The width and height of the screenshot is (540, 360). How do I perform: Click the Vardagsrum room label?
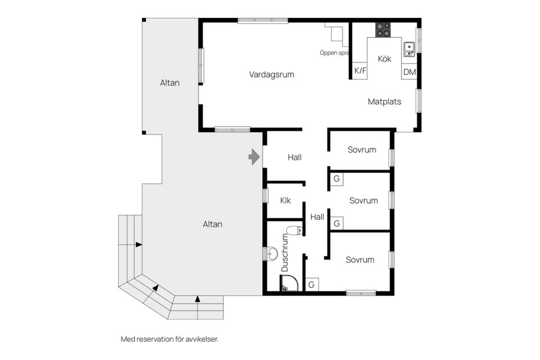coord(271,74)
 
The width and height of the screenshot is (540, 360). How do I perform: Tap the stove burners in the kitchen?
coord(383,30)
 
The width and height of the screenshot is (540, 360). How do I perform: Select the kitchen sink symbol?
coord(409,49)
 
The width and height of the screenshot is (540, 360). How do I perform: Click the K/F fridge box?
coord(360,71)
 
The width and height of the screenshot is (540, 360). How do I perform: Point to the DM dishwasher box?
coord(409,72)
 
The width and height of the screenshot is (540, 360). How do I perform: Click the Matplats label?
coord(384,102)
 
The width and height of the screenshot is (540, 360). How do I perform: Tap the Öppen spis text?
coord(334,53)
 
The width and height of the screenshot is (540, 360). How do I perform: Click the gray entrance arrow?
coord(254,157)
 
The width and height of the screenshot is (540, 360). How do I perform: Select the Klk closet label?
coord(286,200)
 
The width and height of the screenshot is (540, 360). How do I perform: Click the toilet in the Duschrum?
coord(294,231)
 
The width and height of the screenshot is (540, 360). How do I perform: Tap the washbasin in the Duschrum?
coord(272,254)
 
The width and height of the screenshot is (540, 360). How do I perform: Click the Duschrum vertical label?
coord(285,253)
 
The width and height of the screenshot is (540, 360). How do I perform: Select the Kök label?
coord(384,59)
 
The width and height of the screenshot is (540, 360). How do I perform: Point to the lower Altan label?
coord(213,224)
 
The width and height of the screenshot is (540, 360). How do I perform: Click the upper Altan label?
coord(170,83)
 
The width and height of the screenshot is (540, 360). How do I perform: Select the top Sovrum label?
coord(362,150)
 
